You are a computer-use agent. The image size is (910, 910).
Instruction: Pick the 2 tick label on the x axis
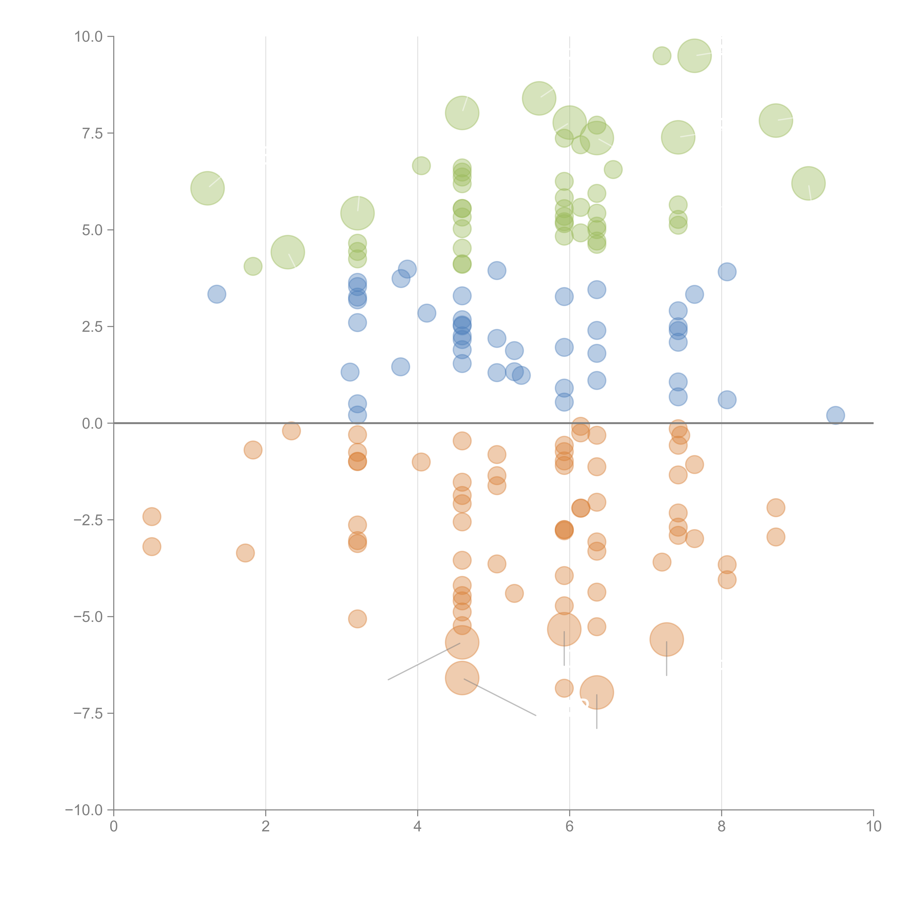click(266, 827)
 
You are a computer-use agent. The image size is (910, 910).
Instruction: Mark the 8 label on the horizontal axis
click(722, 827)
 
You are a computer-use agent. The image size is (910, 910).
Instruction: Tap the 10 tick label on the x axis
click(873, 827)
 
